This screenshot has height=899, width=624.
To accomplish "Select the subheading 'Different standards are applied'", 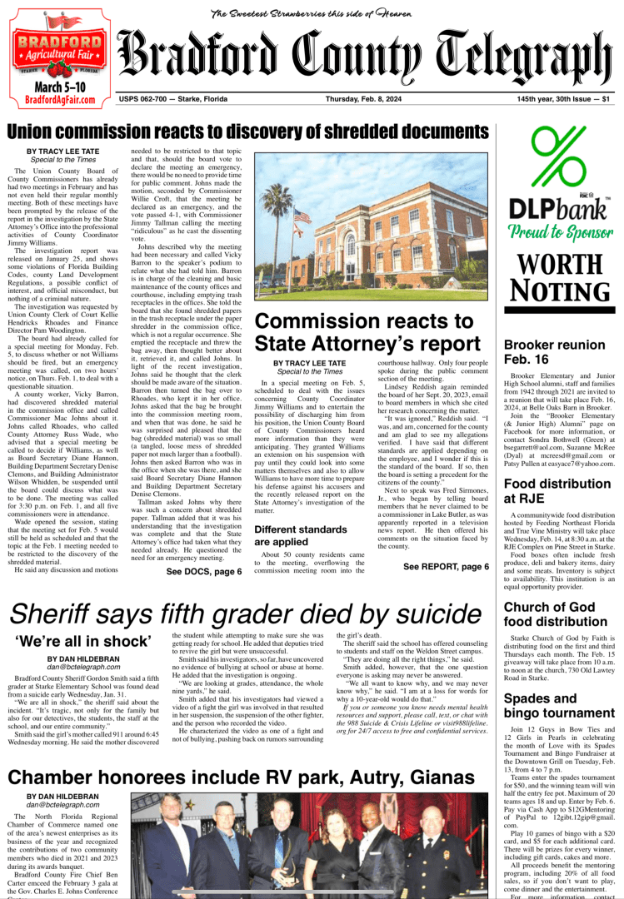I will [x=300, y=511].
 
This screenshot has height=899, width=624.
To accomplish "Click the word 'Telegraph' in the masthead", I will [x=530, y=58].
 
